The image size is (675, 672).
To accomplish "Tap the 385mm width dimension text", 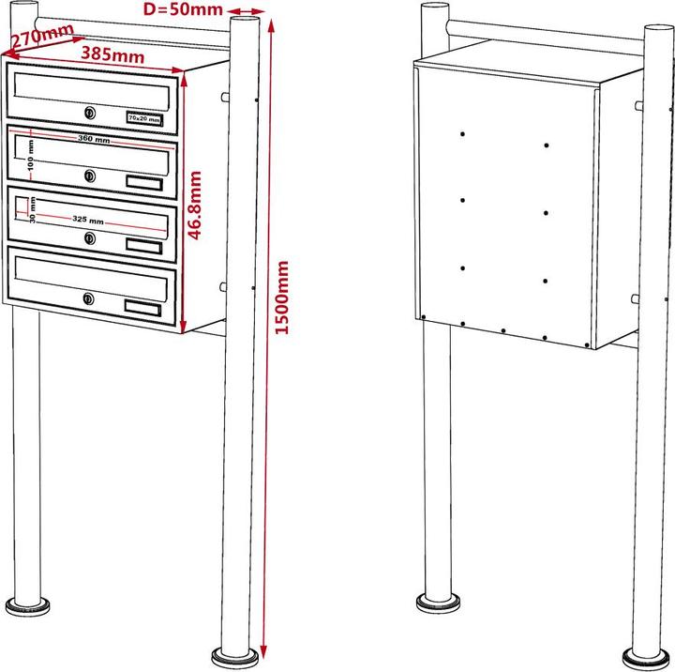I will pos(112,54).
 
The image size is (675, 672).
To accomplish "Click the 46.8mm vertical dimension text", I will pos(197,206).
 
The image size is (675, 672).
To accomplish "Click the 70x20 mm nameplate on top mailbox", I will pos(143,119).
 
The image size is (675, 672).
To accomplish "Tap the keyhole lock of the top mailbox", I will pos(89,114).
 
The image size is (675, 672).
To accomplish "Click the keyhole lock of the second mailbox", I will pos(89,176).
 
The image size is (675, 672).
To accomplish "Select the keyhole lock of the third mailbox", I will pos(89,238).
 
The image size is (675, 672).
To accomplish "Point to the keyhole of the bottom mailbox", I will pos(89,299).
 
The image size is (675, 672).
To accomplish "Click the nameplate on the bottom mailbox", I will pos(142,306).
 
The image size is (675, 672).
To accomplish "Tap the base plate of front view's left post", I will pos(27,604).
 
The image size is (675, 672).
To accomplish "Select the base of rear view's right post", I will pos(649,654).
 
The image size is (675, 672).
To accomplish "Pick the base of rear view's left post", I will pos(437,602).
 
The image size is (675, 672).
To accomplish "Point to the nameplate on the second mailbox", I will pos(143,182).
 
